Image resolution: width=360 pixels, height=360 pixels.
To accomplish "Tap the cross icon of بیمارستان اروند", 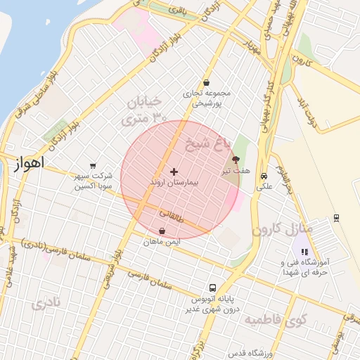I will click(x=174, y=172).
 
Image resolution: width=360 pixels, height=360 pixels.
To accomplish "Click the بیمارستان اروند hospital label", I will click(x=174, y=182).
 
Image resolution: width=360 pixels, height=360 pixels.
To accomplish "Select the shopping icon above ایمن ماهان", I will click(x=162, y=231).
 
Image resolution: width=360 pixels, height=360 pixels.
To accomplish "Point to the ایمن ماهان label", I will click(x=162, y=241).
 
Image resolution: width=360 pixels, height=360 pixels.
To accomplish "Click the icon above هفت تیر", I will click(x=236, y=160).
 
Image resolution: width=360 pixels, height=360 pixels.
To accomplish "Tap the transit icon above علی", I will click(x=264, y=176).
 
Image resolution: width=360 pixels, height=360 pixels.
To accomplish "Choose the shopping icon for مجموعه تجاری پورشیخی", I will click(x=206, y=82).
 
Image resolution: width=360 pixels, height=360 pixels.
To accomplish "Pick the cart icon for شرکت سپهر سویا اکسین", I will click(x=93, y=165).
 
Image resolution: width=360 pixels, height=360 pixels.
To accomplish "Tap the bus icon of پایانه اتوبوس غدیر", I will click(x=213, y=287).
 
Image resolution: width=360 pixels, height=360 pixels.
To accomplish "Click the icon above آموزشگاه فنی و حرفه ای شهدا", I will click(x=304, y=252).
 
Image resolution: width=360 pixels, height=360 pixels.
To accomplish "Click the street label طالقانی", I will click(x=172, y=214).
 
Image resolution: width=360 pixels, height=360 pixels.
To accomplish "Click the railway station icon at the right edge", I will click(x=337, y=217).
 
